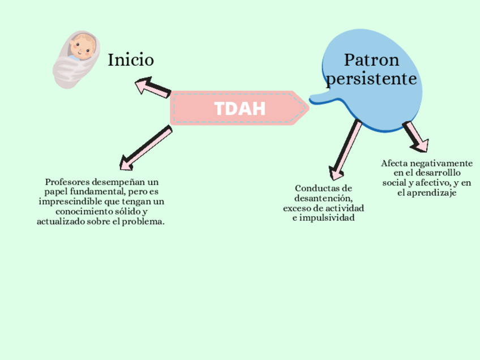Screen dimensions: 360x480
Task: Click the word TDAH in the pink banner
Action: tap(239, 109)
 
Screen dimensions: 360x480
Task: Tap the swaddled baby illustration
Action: tap(75, 58)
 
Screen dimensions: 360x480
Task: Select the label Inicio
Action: tap(131, 59)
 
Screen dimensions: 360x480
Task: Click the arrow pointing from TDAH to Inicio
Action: tap(152, 88)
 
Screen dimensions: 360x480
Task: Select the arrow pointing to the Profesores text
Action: tap(145, 148)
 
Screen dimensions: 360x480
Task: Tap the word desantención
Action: tap(323, 198)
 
